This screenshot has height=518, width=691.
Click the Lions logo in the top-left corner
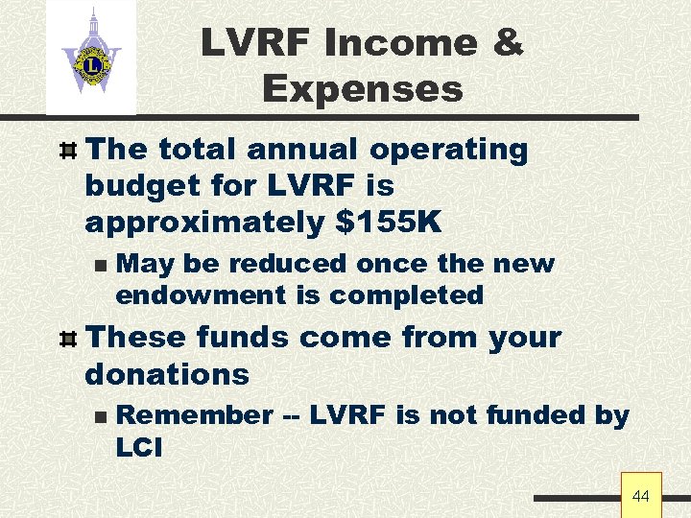coord(91,59)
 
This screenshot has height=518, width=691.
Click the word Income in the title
coord(400,43)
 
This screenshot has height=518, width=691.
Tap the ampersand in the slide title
coord(506,43)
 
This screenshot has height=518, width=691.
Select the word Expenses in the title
coord(363,89)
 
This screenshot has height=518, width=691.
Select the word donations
coord(167,374)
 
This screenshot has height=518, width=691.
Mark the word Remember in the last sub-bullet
coord(194,415)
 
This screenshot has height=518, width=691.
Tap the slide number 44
coord(641,496)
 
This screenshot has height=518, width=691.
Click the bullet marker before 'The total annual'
coord(67,151)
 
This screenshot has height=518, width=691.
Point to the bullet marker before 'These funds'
coord(67,339)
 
